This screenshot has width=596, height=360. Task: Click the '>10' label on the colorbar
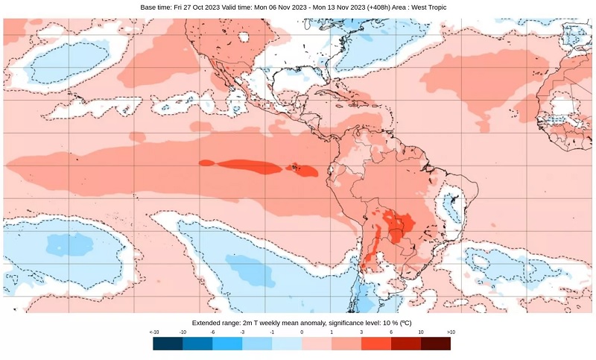click(451, 331)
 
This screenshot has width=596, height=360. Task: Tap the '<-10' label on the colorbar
click(153, 331)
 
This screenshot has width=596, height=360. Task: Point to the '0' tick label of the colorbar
click(302, 331)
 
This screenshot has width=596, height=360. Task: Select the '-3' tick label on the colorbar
click(242, 331)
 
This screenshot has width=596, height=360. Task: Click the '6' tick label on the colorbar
click(391, 331)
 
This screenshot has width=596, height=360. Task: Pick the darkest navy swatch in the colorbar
click(168, 343)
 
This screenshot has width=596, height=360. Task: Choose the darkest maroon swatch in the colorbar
click(436, 343)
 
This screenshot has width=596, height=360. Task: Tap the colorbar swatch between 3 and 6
click(376, 343)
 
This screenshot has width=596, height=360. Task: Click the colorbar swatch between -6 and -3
click(227, 343)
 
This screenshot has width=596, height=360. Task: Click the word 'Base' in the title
click(149, 7)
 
